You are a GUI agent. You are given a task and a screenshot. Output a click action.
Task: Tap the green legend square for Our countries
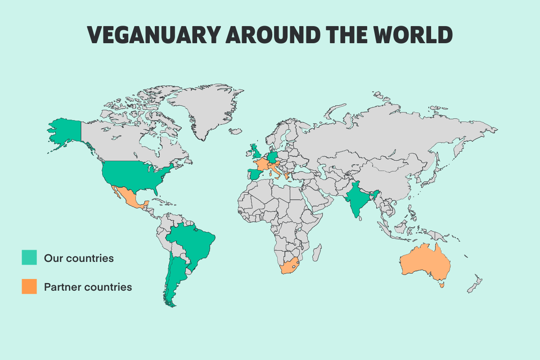coord(29,258)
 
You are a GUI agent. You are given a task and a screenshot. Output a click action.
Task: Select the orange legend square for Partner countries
coord(29,287)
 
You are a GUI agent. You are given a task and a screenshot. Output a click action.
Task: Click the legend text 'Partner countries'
coord(88,287)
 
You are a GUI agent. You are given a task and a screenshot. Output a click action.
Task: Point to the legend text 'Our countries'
coord(79,258)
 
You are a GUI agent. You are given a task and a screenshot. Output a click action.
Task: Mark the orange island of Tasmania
coord(441,284)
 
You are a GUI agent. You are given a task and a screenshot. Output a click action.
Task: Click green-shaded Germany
coord(273,157)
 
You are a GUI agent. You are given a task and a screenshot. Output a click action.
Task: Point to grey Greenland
coord(207,108)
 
